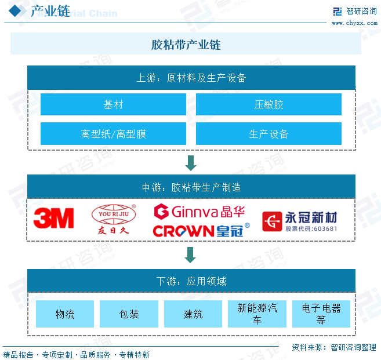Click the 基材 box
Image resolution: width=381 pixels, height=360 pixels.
[113, 104]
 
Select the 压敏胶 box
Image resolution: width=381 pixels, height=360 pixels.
[268, 104]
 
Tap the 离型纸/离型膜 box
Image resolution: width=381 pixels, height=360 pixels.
[113, 134]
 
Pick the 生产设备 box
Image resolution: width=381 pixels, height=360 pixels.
[268, 134]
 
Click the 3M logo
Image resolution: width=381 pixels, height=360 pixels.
[53, 219]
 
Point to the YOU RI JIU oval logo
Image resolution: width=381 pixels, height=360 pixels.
[114, 219]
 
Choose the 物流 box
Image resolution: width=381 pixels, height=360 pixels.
[65, 314]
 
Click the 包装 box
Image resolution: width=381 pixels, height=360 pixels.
[129, 314]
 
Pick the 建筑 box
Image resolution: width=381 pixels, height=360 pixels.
[193, 314]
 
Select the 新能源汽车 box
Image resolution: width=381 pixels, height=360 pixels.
[257, 314]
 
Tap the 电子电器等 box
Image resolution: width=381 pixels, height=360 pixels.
[321, 314]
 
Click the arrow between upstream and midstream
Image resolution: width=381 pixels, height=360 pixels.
[190, 162]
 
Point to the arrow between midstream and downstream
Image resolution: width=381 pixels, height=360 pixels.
[190, 254]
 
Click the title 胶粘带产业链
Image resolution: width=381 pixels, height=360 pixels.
[186, 45]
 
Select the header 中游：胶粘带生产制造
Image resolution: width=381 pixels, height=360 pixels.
[191, 187]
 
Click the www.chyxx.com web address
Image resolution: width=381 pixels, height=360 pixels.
[354, 23]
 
